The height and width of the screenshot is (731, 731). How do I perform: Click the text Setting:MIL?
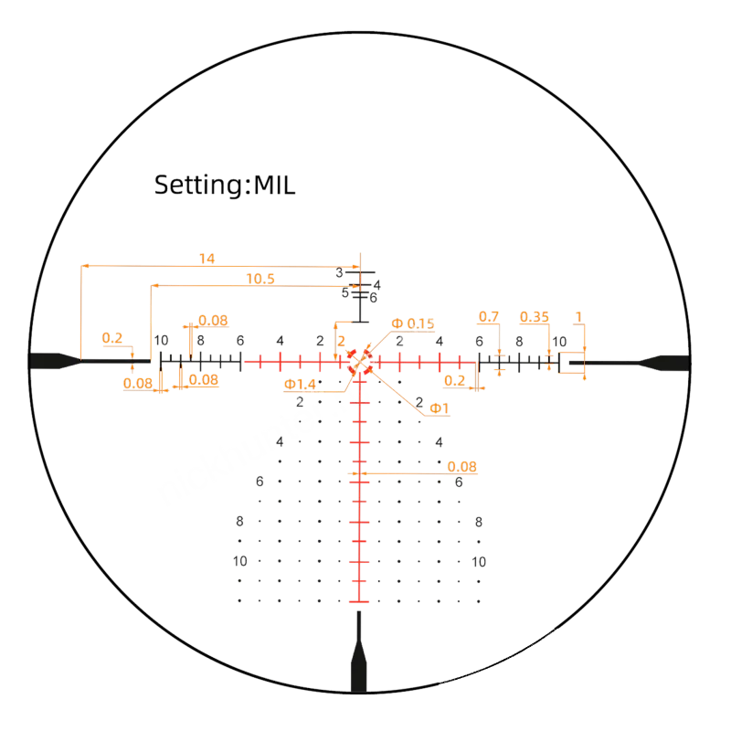tap(225, 185)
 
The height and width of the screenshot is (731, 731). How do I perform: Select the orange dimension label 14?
tap(207, 259)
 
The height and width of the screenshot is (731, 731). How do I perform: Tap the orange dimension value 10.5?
tap(260, 279)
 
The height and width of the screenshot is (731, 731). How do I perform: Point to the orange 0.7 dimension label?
tap(489, 317)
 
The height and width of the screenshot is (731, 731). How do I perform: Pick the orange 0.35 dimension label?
tap(535, 317)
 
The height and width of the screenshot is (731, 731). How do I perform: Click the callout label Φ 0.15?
tap(413, 323)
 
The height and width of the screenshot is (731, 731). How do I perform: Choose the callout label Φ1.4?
tap(300, 385)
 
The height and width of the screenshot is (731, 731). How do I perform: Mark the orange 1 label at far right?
tap(579, 317)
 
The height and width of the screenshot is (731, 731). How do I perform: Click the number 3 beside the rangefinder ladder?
tap(339, 272)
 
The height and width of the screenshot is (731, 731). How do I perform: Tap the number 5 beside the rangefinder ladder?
tap(345, 292)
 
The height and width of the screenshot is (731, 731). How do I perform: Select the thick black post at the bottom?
tap(358, 652)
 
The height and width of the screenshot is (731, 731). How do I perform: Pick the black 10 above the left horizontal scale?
tap(161, 340)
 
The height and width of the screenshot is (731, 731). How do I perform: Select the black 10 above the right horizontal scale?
tap(559, 342)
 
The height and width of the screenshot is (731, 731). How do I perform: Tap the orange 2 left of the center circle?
tap(341, 341)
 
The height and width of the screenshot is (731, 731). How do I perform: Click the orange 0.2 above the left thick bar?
tap(111, 338)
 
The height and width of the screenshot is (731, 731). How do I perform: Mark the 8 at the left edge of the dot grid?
tap(239, 521)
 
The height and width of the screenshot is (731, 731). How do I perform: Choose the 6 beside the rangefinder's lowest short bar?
tap(373, 298)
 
